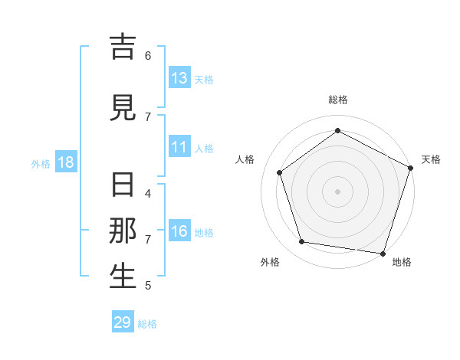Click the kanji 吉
[x=123, y=47]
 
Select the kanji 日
[x=123, y=185]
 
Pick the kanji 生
[x=123, y=277]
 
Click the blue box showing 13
[x=179, y=78]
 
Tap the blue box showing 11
[x=179, y=148]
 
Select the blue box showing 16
[x=179, y=232]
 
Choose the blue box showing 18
[x=65, y=162]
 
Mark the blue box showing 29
[x=123, y=322]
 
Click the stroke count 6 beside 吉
[x=148, y=56]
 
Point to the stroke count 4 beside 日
[x=148, y=194]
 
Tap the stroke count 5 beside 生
[x=148, y=286]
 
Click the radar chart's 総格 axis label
[x=338, y=100]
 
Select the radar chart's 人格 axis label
[x=245, y=159]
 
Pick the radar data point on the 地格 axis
[x=383, y=253]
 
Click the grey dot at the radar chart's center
[x=338, y=191]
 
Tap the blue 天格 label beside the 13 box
[x=204, y=79]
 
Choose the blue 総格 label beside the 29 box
[x=147, y=323]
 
